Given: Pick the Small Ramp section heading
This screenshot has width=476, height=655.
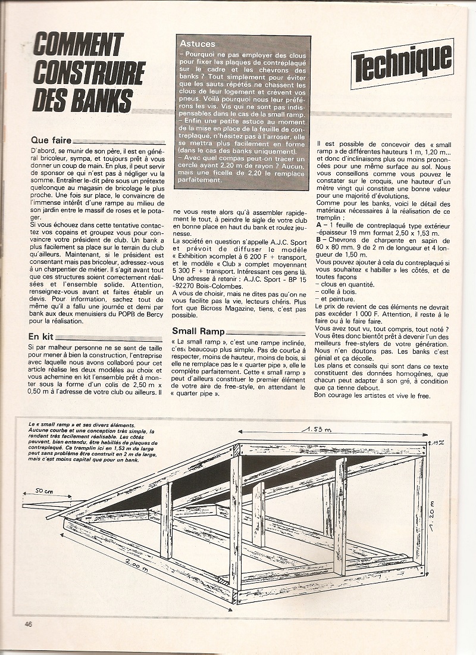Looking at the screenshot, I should click(199, 331).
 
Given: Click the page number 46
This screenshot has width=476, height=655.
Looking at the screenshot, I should click(27, 623).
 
